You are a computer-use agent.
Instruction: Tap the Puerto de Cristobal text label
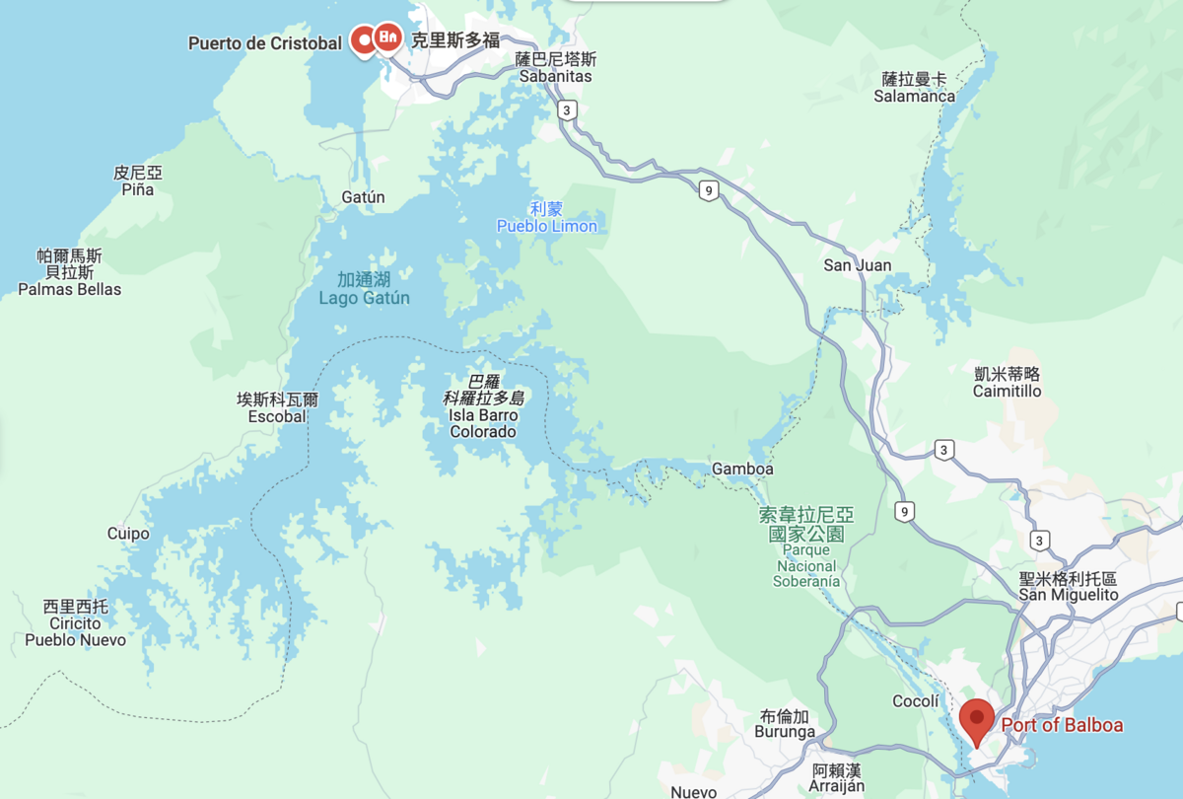point(265,43)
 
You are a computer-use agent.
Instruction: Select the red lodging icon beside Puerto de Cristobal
point(387,38)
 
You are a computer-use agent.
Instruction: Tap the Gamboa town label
point(742,469)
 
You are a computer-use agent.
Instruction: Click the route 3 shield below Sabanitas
point(566,109)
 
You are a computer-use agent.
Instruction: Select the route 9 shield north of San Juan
point(708,191)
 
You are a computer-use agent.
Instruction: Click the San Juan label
point(858,265)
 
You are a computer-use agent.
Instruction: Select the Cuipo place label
point(128,534)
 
